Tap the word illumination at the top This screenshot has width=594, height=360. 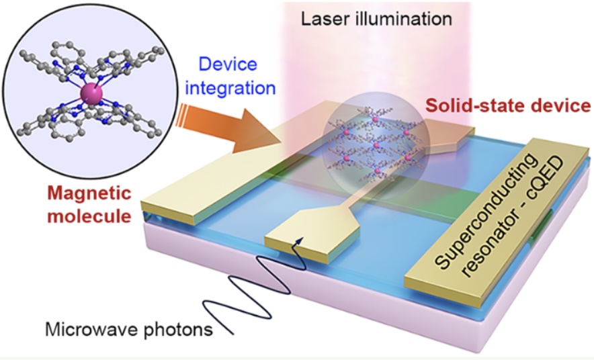point(403,19)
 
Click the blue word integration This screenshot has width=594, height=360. point(230,88)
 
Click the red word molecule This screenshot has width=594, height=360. point(90,216)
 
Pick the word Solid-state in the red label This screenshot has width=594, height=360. point(480,106)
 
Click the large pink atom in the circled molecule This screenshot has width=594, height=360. point(91,94)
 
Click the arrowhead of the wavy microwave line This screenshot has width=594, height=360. point(300,240)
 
